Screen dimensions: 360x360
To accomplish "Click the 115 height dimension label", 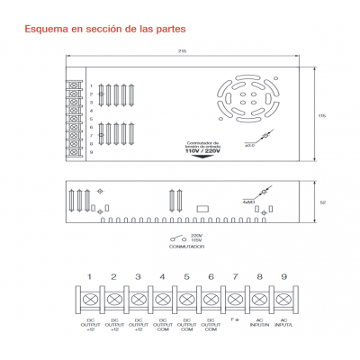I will click(322, 115).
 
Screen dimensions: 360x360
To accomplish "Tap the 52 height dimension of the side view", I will click(322, 202).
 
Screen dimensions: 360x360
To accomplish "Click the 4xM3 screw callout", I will click(247, 203).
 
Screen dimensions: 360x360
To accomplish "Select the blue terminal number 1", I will click(89, 275).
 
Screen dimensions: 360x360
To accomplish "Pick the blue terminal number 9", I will click(283, 275).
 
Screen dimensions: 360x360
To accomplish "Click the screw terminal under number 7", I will click(235, 298).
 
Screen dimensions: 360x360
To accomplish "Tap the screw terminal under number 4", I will click(162, 298).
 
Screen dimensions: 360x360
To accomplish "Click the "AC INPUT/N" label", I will click(259, 323).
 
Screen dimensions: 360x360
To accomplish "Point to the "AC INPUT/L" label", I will click(283, 323).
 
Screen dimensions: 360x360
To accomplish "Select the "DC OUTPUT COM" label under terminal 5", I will click(186, 325).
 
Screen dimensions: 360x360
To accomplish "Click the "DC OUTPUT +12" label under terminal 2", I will click(113, 325).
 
